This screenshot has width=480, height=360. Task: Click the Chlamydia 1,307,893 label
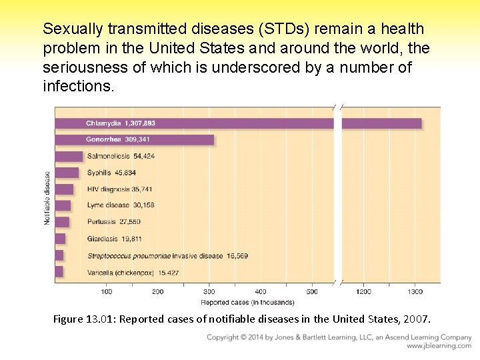point(121,123)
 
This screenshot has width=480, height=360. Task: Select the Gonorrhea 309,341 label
point(118,139)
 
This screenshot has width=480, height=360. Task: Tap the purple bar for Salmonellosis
point(69,156)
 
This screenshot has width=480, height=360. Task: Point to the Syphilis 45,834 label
point(111,173)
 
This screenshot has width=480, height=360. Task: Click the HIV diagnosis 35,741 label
point(119,189)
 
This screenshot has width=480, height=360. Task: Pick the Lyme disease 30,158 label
point(121,205)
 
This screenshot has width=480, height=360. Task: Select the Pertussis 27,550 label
point(114,222)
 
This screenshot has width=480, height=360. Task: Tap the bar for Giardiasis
point(60,239)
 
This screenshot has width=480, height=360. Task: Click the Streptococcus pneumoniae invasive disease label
point(167,256)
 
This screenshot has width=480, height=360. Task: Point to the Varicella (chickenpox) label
point(133,273)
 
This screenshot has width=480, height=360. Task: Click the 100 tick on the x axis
point(106,291)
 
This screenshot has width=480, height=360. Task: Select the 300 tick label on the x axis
point(209,291)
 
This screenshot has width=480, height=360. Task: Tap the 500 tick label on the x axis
point(311,291)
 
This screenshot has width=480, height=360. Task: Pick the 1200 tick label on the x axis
point(364,291)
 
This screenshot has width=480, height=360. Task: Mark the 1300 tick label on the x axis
point(415,291)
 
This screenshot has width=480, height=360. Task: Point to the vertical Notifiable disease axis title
point(47,198)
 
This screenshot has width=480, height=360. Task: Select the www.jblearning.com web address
point(439,346)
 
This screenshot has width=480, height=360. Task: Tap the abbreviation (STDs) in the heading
point(280,29)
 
